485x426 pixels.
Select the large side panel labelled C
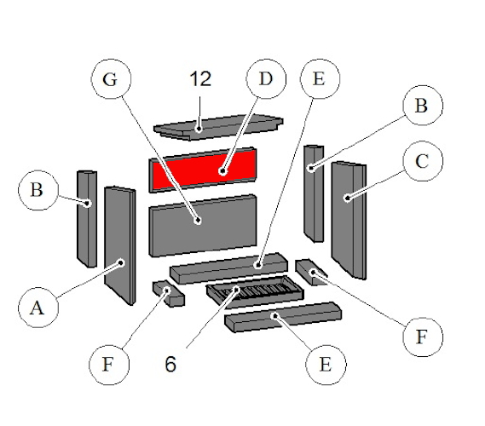point(349,217)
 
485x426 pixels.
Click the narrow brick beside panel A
point(87,218)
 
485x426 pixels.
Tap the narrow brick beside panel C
point(314,193)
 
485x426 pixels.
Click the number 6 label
point(171,365)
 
